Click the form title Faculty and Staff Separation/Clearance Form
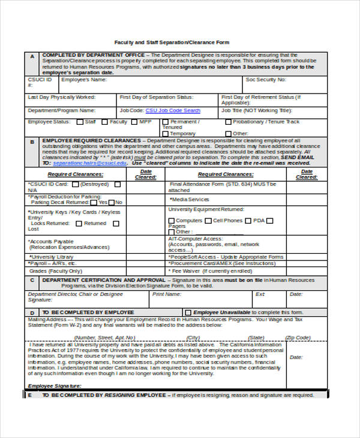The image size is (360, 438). (x=180, y=43)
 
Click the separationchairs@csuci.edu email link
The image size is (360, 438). (x=90, y=163)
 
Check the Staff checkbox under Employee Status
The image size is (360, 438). (x=79, y=122)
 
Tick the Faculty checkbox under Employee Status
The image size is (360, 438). (x=104, y=122)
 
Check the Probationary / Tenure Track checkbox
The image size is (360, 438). (x=227, y=122)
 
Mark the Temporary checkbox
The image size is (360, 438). (x=165, y=134)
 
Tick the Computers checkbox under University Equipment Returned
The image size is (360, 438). (x=172, y=221)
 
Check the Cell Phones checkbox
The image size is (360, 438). (x=208, y=221)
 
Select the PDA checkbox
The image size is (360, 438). (x=248, y=221)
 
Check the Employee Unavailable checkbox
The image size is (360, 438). (x=188, y=313)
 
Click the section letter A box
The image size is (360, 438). (x=32, y=56)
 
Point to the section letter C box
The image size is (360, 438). (x=32, y=280)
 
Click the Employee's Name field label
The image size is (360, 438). (x=84, y=79)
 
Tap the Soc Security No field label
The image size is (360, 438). (x=266, y=79)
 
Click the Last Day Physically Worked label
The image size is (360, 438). (x=61, y=96)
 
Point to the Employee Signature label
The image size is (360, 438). (x=54, y=385)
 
